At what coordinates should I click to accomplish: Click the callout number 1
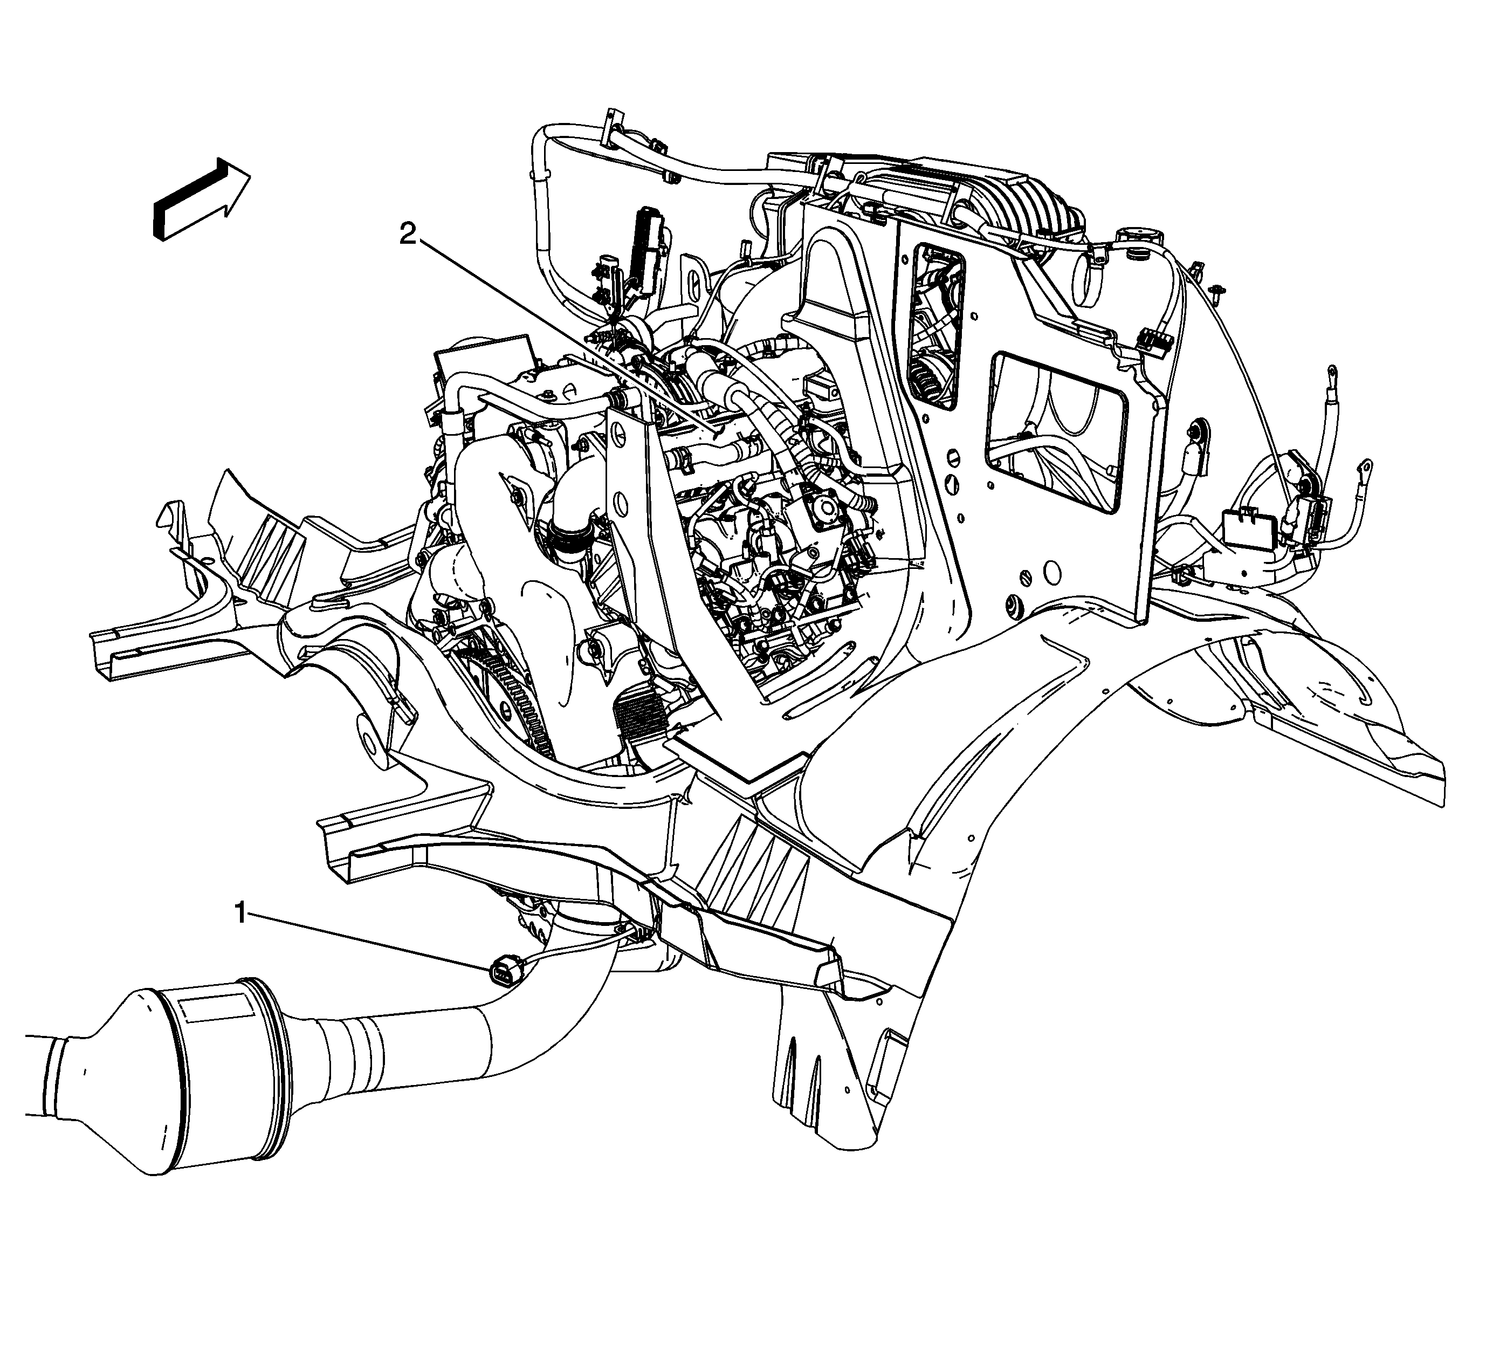(240, 914)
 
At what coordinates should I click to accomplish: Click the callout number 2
(408, 235)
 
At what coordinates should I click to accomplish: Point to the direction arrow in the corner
(201, 198)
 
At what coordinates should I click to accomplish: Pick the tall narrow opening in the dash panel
(938, 327)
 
